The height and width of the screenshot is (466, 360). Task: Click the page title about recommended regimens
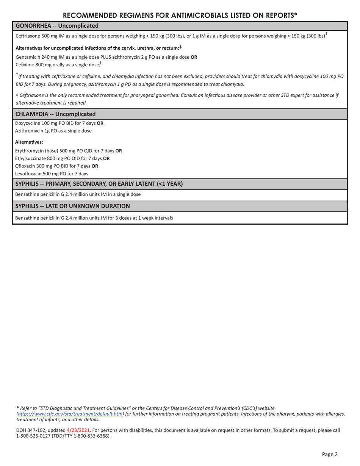[x=180, y=15]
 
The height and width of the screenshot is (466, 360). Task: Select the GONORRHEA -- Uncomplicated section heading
[x=57, y=26]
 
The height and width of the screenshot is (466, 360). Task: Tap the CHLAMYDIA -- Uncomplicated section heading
[x=55, y=114]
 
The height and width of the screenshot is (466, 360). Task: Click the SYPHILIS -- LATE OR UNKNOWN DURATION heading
[x=72, y=206]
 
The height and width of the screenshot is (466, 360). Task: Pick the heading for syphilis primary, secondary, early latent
[x=99, y=184]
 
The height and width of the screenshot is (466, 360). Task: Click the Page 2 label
[x=330, y=454]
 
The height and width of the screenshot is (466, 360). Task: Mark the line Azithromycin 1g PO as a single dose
[x=53, y=131]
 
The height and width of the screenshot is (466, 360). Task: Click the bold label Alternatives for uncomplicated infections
[x=97, y=48]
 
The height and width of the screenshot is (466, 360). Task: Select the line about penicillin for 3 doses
[x=94, y=218]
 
